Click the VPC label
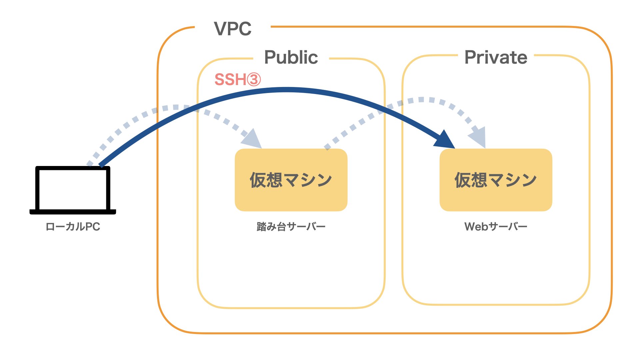233,29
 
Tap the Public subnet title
291,57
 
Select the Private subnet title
496,57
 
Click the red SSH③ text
237,80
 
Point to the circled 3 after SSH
254,80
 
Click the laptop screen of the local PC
73,189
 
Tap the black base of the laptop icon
73,212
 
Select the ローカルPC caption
73,227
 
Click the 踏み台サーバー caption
291,227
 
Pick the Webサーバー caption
496,227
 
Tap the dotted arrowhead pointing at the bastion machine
252,139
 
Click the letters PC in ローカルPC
92,227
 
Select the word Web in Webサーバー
476,227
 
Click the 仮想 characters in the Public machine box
266,180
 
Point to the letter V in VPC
221,29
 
